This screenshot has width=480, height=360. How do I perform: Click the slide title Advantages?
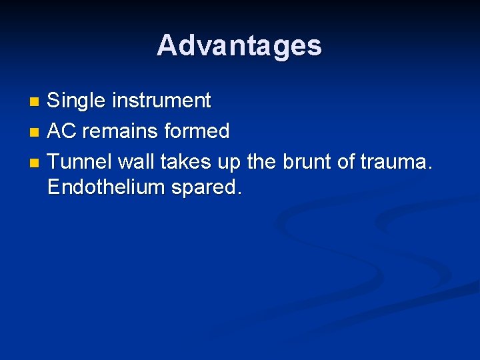pos(239,45)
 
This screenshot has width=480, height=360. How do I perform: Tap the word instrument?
pos(161,101)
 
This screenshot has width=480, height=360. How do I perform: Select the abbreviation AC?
pos(62,131)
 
